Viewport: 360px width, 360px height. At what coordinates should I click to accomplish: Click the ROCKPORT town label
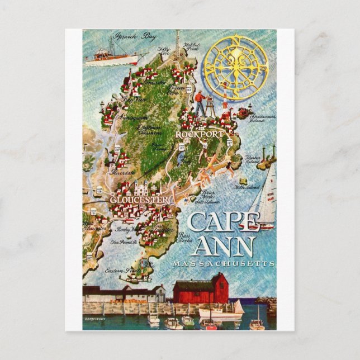tap(200, 135)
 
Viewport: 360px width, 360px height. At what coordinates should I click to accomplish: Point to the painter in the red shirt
tap(200, 103)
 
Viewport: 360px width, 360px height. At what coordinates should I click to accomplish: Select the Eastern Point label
tap(123, 269)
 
